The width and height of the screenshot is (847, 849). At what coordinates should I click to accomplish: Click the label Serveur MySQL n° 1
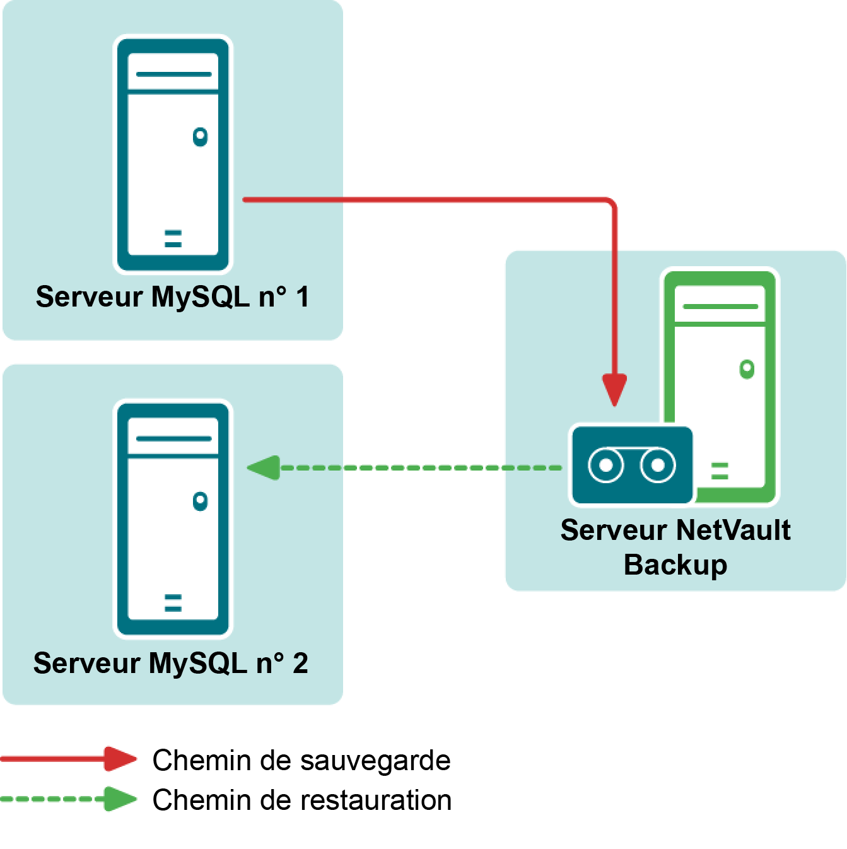(172, 297)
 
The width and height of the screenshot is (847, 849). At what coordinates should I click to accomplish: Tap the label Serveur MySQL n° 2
(170, 664)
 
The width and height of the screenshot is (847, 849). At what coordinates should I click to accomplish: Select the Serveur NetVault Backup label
(675, 547)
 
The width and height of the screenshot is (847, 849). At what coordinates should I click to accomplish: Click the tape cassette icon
(631, 465)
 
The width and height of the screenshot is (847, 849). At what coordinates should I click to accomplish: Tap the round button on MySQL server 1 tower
(201, 136)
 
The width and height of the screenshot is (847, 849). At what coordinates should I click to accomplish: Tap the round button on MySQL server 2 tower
(201, 501)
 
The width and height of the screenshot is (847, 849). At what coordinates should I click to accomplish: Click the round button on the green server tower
(747, 369)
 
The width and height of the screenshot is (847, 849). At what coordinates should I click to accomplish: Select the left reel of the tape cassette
(605, 465)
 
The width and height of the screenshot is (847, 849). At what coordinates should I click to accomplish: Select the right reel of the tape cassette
(658, 465)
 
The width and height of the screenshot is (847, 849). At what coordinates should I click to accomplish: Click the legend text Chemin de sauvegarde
(301, 760)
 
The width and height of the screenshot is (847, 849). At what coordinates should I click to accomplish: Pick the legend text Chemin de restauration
(302, 800)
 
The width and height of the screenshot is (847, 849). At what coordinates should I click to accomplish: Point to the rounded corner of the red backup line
(610, 203)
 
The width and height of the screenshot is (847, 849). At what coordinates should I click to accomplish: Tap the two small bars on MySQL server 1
(173, 238)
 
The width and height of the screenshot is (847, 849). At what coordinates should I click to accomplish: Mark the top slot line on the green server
(720, 307)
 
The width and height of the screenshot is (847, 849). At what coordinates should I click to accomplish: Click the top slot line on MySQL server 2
(173, 438)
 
